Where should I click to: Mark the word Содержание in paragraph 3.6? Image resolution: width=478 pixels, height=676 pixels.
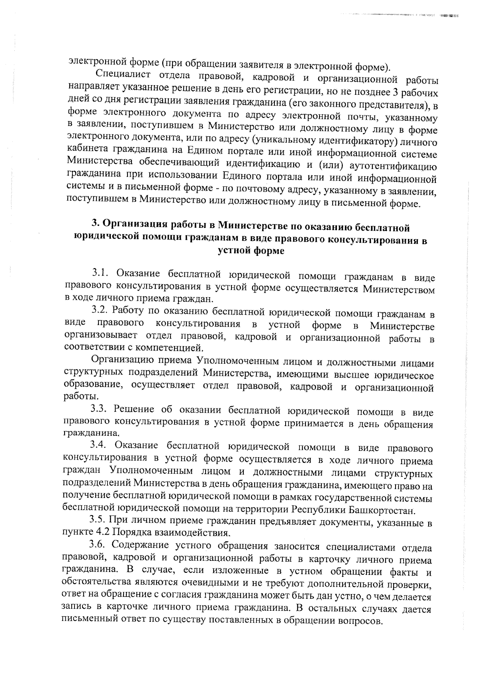point(138,545)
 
